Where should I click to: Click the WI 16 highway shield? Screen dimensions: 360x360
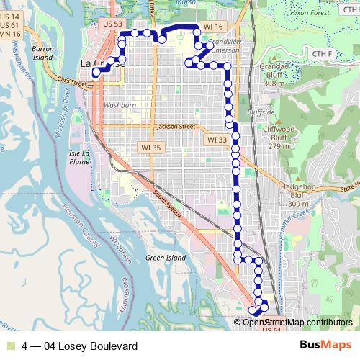click(x=214, y=26)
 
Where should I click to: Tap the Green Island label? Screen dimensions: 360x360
click(x=164, y=257)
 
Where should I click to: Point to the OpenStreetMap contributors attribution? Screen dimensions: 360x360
click(x=297, y=322)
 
